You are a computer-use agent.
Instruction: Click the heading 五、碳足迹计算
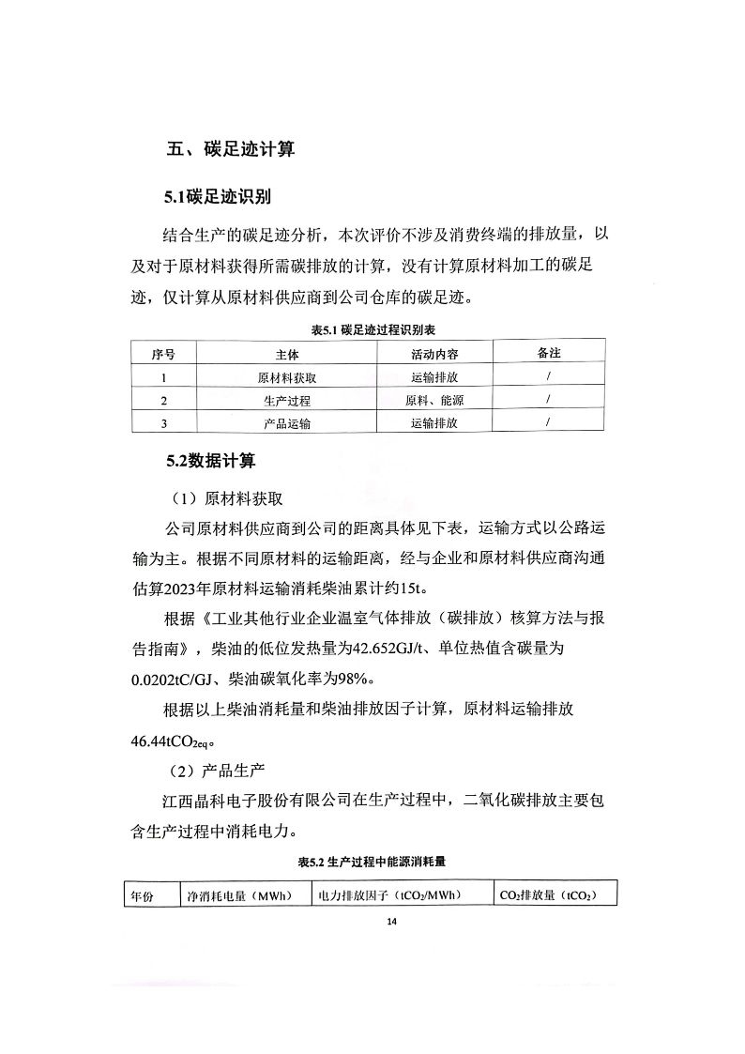(x=230, y=148)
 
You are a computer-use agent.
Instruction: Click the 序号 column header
(x=163, y=354)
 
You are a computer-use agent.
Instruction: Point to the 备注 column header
(x=549, y=353)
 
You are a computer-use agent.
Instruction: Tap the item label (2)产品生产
(x=215, y=771)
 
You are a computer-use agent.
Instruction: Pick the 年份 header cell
(x=143, y=895)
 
